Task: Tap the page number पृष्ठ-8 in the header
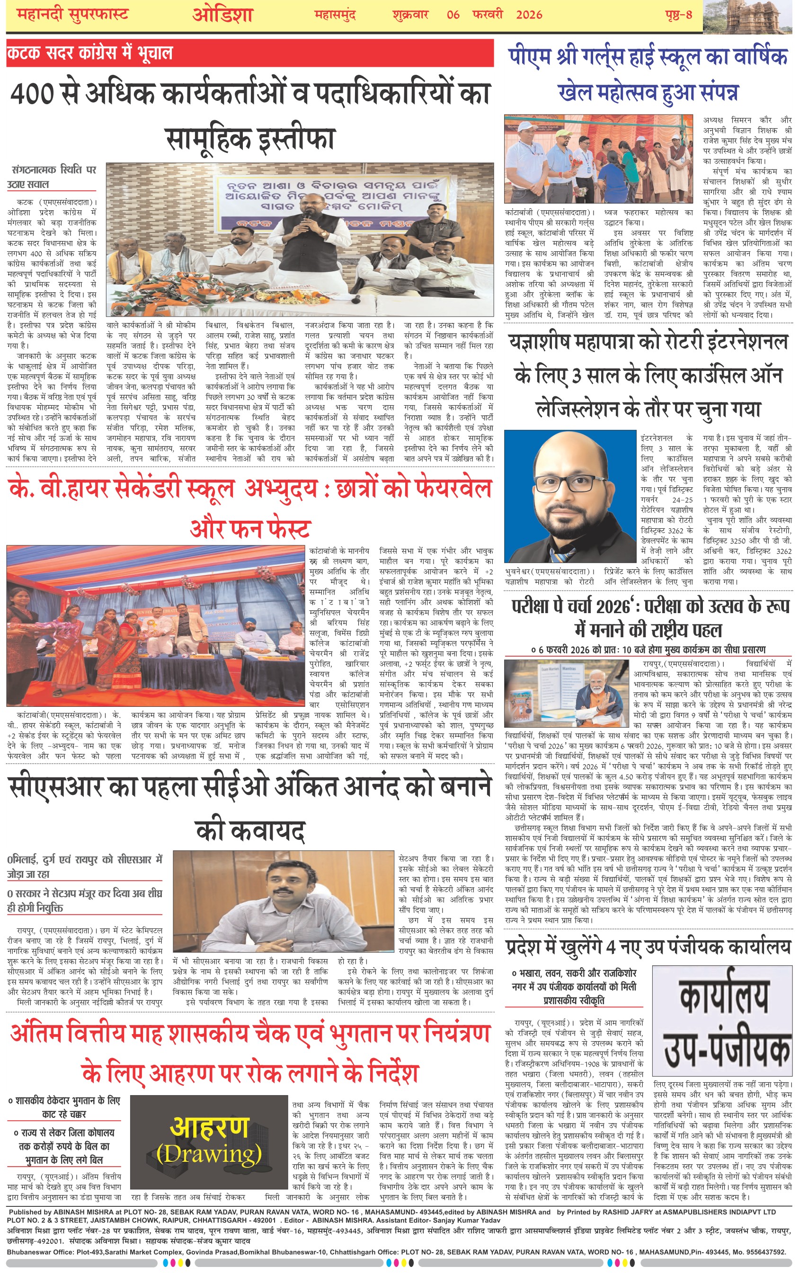point(678,14)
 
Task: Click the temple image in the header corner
point(750,16)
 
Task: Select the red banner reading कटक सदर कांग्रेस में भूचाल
point(90,53)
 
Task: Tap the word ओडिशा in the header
point(222,14)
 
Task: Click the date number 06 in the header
point(453,14)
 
